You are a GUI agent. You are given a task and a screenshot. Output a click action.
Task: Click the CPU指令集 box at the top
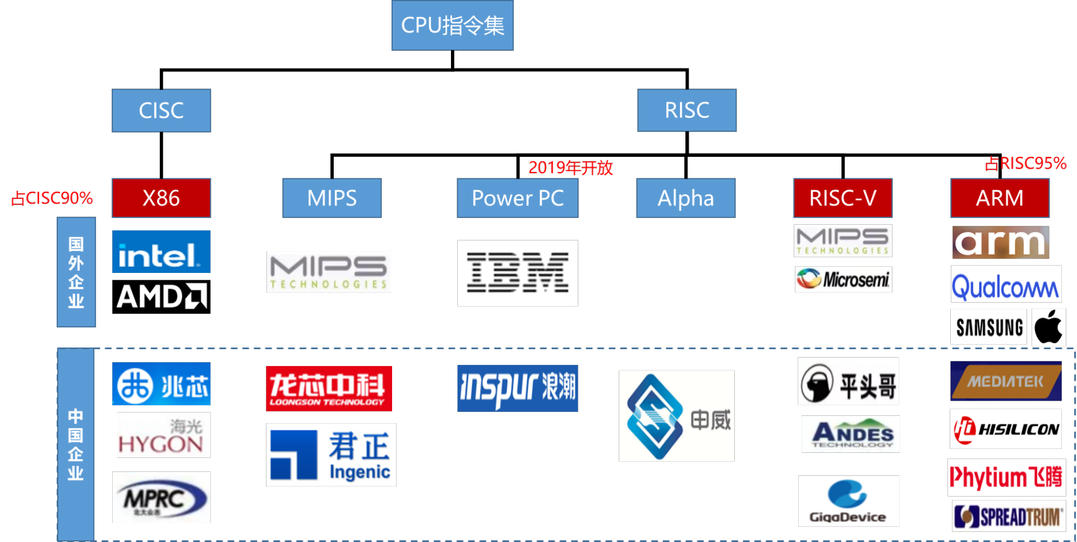(x=452, y=25)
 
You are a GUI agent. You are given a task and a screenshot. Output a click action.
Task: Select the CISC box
(x=161, y=110)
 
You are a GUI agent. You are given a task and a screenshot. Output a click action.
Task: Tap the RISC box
(x=687, y=110)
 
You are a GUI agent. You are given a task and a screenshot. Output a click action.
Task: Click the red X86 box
(x=161, y=198)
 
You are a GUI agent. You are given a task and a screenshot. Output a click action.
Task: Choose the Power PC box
(x=517, y=198)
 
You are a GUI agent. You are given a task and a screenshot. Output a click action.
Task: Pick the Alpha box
(x=685, y=198)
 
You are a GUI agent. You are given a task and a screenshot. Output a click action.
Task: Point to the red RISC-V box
(x=843, y=198)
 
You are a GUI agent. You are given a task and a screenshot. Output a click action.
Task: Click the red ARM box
(x=1000, y=198)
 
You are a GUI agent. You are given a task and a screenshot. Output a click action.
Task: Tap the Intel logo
(x=161, y=252)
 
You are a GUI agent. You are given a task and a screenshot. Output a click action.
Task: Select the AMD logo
(x=162, y=296)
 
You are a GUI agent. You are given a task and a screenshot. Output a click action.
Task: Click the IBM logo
(x=517, y=273)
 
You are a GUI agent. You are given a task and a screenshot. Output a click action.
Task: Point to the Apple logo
(x=1048, y=327)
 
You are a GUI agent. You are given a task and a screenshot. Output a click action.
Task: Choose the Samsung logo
(x=989, y=327)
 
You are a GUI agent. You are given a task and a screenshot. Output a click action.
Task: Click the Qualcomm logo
(x=1006, y=284)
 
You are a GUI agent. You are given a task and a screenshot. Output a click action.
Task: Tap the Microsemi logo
(x=843, y=279)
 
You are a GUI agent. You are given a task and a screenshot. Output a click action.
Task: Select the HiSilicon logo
(x=1006, y=429)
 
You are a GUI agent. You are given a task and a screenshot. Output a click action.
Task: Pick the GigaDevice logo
(x=848, y=501)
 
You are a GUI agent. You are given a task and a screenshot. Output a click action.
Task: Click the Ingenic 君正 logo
(x=331, y=455)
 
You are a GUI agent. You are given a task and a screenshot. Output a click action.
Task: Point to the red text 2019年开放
(x=570, y=168)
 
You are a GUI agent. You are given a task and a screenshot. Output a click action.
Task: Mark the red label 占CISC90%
(x=52, y=198)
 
